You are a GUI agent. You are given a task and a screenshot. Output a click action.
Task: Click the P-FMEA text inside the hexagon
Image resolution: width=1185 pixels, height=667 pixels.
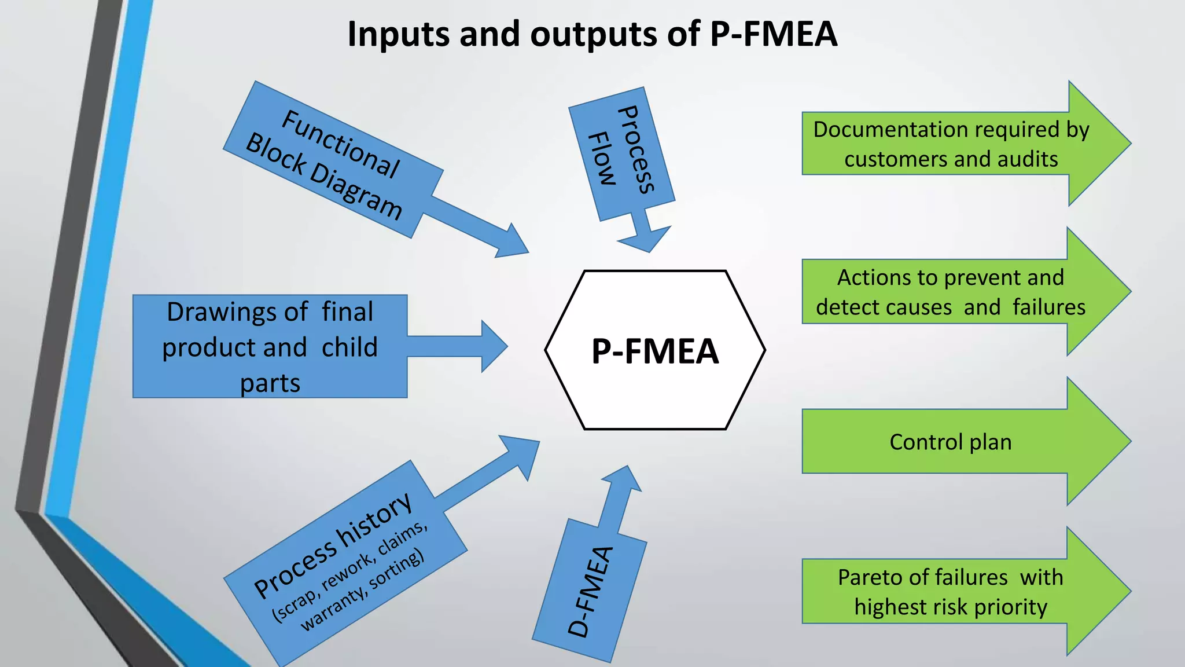654,351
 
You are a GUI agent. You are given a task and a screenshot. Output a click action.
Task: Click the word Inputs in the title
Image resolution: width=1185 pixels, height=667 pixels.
398,34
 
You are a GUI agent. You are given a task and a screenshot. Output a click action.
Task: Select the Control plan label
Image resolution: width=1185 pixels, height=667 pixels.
950,442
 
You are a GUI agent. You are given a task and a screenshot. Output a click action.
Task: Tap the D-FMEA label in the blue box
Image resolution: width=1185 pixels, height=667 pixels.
590,591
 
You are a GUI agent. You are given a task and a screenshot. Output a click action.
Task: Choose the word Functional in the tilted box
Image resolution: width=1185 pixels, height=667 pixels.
340,144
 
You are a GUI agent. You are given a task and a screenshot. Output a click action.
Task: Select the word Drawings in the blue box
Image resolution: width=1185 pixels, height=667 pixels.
237,311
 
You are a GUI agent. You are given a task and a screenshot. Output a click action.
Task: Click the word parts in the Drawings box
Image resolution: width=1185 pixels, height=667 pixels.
270,383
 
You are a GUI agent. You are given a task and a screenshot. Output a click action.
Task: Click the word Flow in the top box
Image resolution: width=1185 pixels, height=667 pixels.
602,158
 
